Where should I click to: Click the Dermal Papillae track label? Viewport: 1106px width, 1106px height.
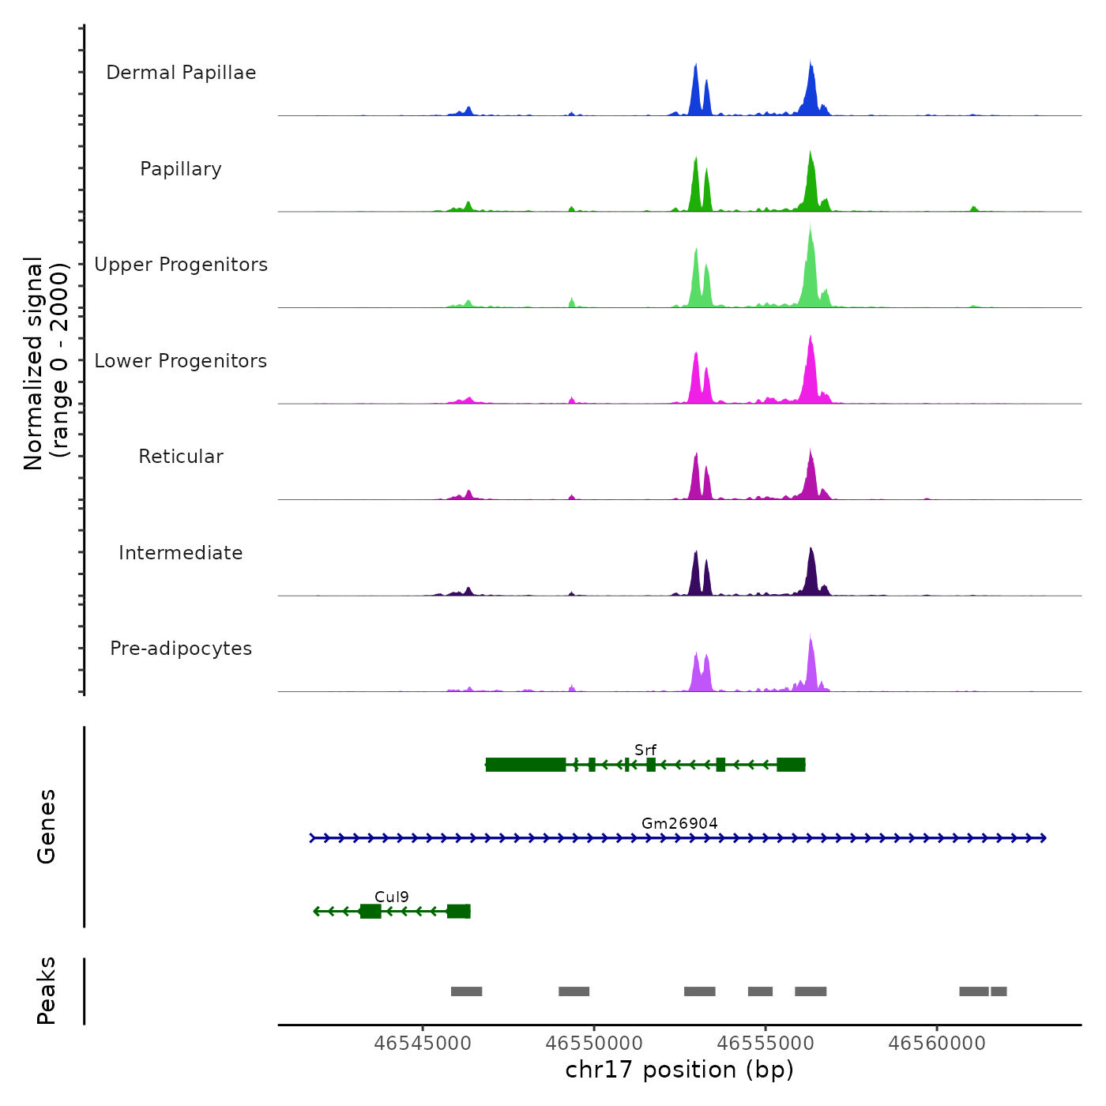coord(181,73)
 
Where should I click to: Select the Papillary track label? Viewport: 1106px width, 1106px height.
coord(181,169)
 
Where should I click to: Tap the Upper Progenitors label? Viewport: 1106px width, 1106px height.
coord(181,265)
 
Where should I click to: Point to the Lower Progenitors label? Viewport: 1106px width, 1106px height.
coord(181,361)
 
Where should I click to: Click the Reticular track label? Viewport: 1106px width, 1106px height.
coord(181,457)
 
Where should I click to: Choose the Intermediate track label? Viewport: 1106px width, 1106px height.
coord(181,553)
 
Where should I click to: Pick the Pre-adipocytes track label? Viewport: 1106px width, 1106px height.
coord(181,649)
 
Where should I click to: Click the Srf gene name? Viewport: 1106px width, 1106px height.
coord(645,750)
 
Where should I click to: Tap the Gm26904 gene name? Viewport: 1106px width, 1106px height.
coord(679,823)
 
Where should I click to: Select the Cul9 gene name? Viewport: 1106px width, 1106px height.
coord(392,897)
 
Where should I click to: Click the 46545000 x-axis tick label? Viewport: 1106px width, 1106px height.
coord(423,1043)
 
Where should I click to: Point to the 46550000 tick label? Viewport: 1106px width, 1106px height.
coord(594,1043)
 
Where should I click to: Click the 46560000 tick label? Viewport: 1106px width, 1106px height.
coord(937,1043)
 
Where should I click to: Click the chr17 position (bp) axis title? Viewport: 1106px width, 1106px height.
coord(679,1070)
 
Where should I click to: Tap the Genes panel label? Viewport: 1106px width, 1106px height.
coord(46,826)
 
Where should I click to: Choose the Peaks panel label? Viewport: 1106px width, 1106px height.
coord(46,991)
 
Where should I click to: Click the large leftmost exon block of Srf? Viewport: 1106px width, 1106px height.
coord(525,765)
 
